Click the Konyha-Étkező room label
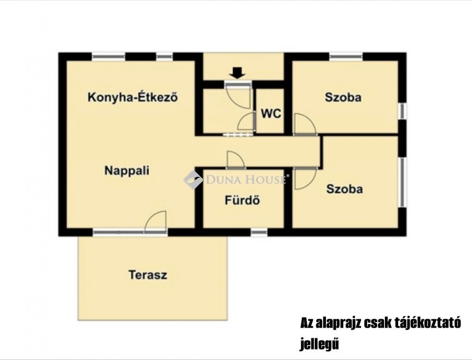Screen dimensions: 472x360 point(133,97)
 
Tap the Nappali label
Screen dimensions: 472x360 point(127,171)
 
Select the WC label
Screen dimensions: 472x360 point(271,113)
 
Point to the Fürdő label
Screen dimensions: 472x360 point(243,200)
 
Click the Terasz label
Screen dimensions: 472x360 point(148,275)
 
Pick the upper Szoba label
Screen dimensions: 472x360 point(343,97)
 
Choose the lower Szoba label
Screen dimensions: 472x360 point(344,189)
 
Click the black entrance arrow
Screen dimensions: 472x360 point(238,73)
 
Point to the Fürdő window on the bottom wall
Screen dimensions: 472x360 point(259,232)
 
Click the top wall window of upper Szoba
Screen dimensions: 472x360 point(346,56)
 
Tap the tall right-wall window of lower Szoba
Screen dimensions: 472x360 point(402,182)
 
